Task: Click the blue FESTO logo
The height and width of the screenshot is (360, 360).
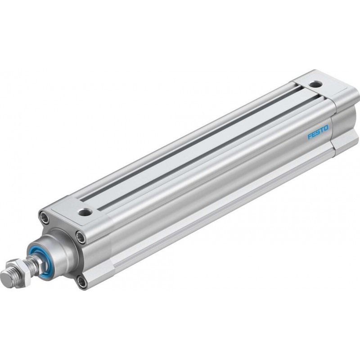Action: point(318,132)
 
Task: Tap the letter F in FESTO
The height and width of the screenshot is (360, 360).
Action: point(310,136)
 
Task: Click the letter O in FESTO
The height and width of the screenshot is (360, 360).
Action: point(326,128)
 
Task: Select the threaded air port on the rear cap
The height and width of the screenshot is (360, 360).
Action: point(316,84)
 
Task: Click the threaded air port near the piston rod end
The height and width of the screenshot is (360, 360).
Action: point(85,212)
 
